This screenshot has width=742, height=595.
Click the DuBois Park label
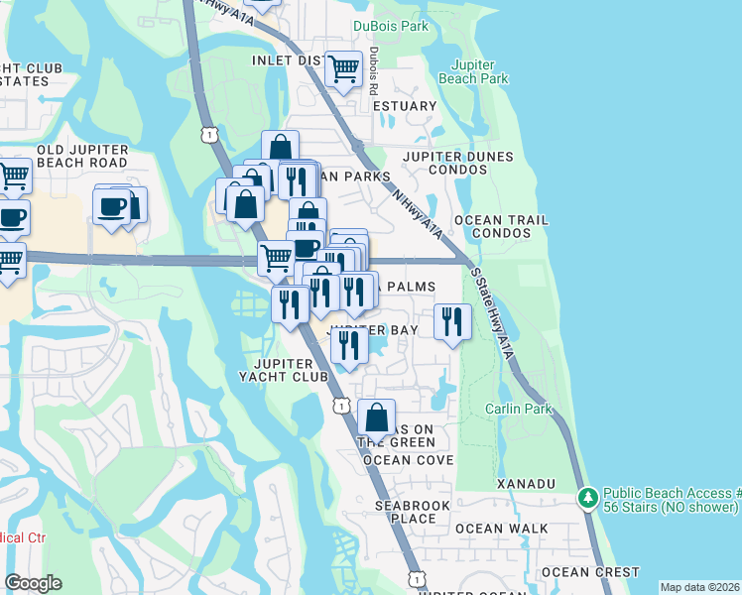pyautogui.click(x=392, y=26)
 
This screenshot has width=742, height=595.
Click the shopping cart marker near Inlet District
pyautogui.click(x=343, y=69)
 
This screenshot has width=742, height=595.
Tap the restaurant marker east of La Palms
pyautogui.click(x=452, y=321)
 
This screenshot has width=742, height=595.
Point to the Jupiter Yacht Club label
pyautogui.click(x=283, y=369)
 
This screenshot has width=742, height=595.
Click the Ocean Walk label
pyautogui.click(x=494, y=529)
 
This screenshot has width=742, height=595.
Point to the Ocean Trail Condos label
pyautogui.click(x=493, y=227)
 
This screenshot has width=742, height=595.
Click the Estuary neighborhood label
pyautogui.click(x=405, y=106)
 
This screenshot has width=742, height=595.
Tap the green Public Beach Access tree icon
pyautogui.click(x=588, y=495)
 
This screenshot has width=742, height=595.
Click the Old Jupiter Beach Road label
pyautogui.click(x=81, y=156)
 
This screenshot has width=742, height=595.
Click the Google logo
pyautogui.click(x=33, y=582)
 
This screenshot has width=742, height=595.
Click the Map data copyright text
pyautogui.click(x=699, y=587)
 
